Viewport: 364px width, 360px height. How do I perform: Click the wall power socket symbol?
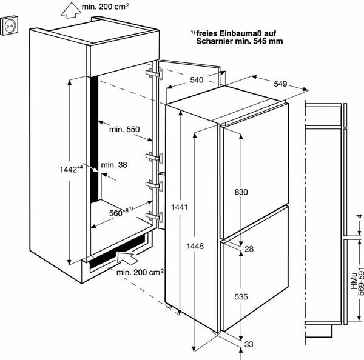(x=9, y=25)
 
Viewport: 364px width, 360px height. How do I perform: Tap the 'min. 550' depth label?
(x=124, y=130)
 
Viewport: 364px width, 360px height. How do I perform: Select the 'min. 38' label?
(x=114, y=165)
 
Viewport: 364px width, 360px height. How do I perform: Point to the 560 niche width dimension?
(x=116, y=213)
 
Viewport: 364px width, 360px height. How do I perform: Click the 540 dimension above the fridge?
(x=197, y=80)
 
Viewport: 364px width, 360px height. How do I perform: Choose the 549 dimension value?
(x=280, y=84)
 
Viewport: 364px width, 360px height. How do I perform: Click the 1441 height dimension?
(x=180, y=207)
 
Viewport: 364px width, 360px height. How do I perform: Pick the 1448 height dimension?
(x=195, y=246)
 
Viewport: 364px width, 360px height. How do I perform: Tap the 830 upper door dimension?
(x=241, y=192)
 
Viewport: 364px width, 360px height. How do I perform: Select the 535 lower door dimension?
(x=241, y=296)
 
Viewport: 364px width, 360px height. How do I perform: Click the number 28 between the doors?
(x=249, y=249)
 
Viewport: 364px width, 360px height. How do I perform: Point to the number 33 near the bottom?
(x=249, y=344)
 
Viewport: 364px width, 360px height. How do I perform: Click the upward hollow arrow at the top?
(x=70, y=11)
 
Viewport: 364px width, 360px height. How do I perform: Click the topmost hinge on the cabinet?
(x=153, y=73)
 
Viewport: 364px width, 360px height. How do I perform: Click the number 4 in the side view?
(x=360, y=216)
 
